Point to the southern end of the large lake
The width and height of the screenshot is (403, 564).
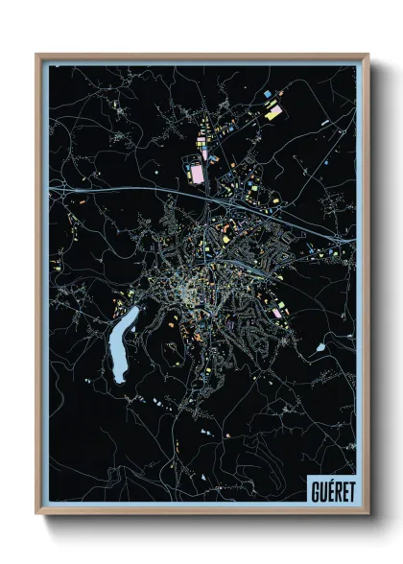(117, 380)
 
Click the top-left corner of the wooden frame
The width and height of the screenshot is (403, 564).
(37, 55)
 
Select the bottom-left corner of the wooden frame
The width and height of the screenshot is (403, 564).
(37, 513)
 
